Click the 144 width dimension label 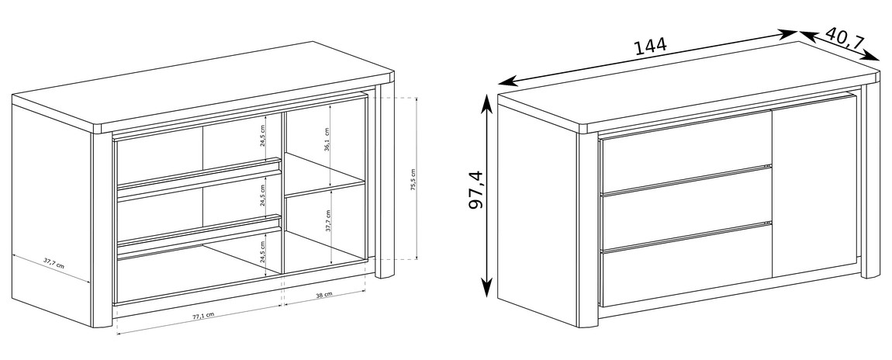tap(651, 46)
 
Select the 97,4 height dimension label tap(475, 189)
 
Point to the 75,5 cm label tap(413, 179)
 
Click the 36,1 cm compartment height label tap(327, 137)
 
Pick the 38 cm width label tap(323, 295)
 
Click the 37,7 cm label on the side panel tap(54, 264)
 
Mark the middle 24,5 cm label tap(263, 195)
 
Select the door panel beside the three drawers tap(814, 186)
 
